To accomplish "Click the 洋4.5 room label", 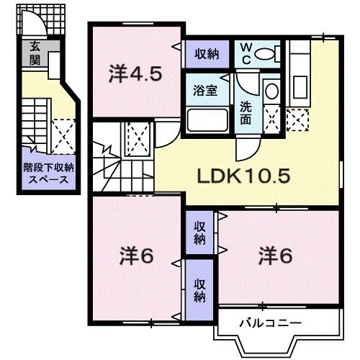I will pyautogui.click(x=135, y=73).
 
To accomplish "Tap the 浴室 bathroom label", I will pyautogui.click(x=204, y=91).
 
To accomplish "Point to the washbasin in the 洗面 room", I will pyautogui.click(x=271, y=91).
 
